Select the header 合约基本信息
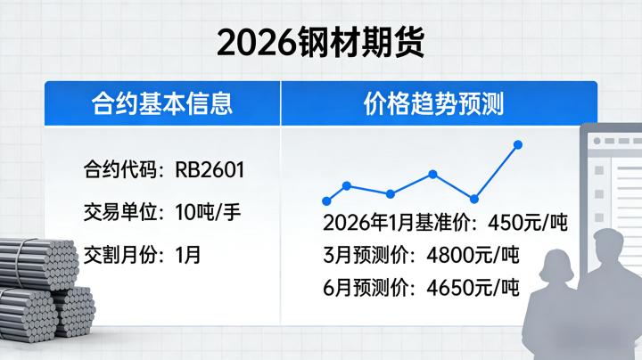pyautogui.click(x=162, y=103)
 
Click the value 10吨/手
pyautogui.click(x=209, y=212)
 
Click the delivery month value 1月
pyautogui.click(x=188, y=254)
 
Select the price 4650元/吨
pyautogui.click(x=470, y=288)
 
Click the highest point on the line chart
pyautogui.click(x=518, y=144)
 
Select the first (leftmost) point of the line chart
pyautogui.click(x=325, y=201)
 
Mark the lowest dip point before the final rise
pyautogui.click(x=473, y=200)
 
